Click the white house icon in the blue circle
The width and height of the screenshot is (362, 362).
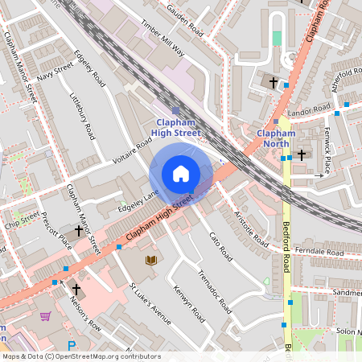pos(181,174)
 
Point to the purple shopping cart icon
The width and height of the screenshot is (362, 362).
pos(45,316)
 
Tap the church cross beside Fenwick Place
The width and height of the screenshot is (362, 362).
pos(302,154)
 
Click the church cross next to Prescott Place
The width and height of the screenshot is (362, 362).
pos(78,230)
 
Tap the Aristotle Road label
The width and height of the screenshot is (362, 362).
pos(251,228)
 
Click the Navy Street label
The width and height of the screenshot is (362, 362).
pos(55,71)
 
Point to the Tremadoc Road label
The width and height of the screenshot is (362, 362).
pos(215,293)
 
